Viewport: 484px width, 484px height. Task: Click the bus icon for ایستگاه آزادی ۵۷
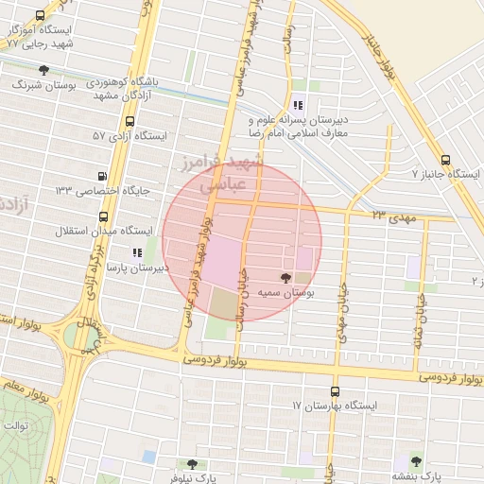tap(130, 122)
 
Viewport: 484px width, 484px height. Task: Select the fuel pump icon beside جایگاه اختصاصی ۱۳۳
tap(103, 176)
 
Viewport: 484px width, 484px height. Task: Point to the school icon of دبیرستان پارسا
tap(137, 253)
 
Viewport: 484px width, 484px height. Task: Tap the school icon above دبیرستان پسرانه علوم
tap(299, 105)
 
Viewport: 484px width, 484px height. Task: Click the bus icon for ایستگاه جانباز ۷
tap(446, 160)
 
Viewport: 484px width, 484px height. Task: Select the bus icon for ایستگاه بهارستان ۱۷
tap(335, 391)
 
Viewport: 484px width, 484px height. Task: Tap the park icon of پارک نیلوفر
tap(193, 464)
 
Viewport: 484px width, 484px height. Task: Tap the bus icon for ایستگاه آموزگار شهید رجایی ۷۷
tap(39, 16)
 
